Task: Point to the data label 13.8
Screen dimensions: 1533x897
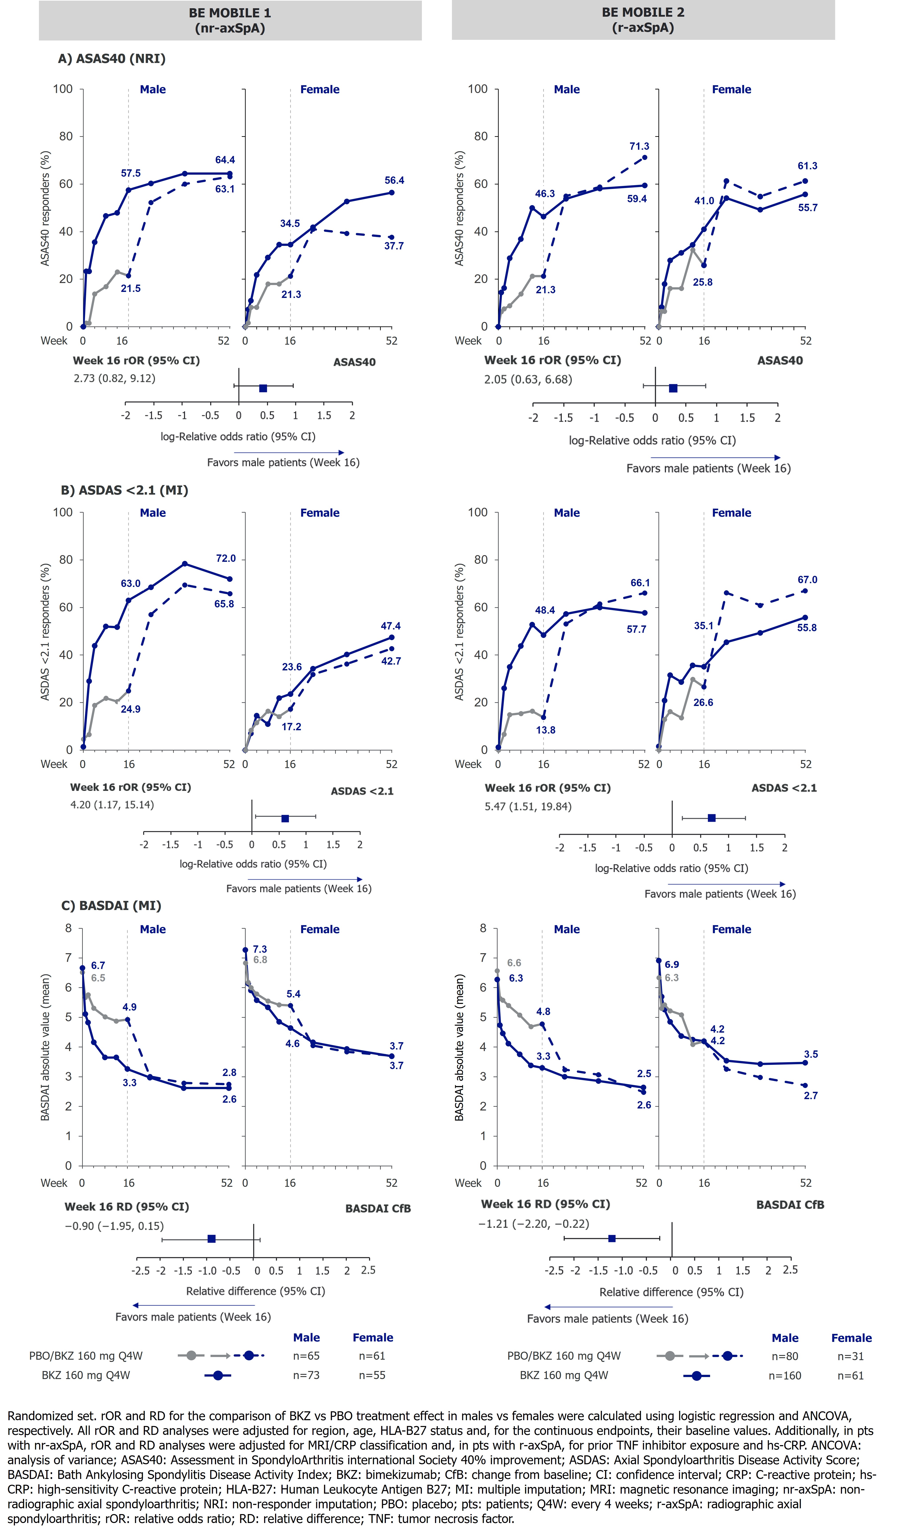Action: pos(545,730)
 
